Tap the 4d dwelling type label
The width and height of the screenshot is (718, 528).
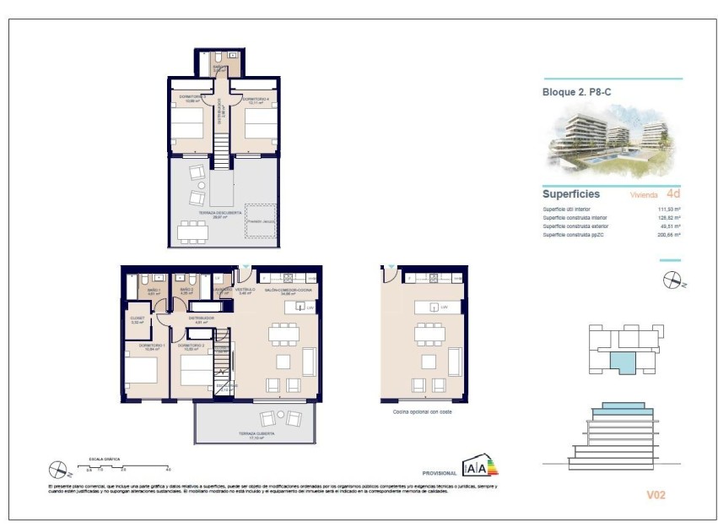672,193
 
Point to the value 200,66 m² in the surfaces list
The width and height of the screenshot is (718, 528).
669,235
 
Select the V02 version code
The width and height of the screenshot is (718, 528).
656,495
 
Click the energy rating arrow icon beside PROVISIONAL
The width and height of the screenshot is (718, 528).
480,466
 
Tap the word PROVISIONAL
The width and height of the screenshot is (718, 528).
439,474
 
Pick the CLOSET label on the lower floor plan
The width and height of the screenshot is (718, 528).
137,320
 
